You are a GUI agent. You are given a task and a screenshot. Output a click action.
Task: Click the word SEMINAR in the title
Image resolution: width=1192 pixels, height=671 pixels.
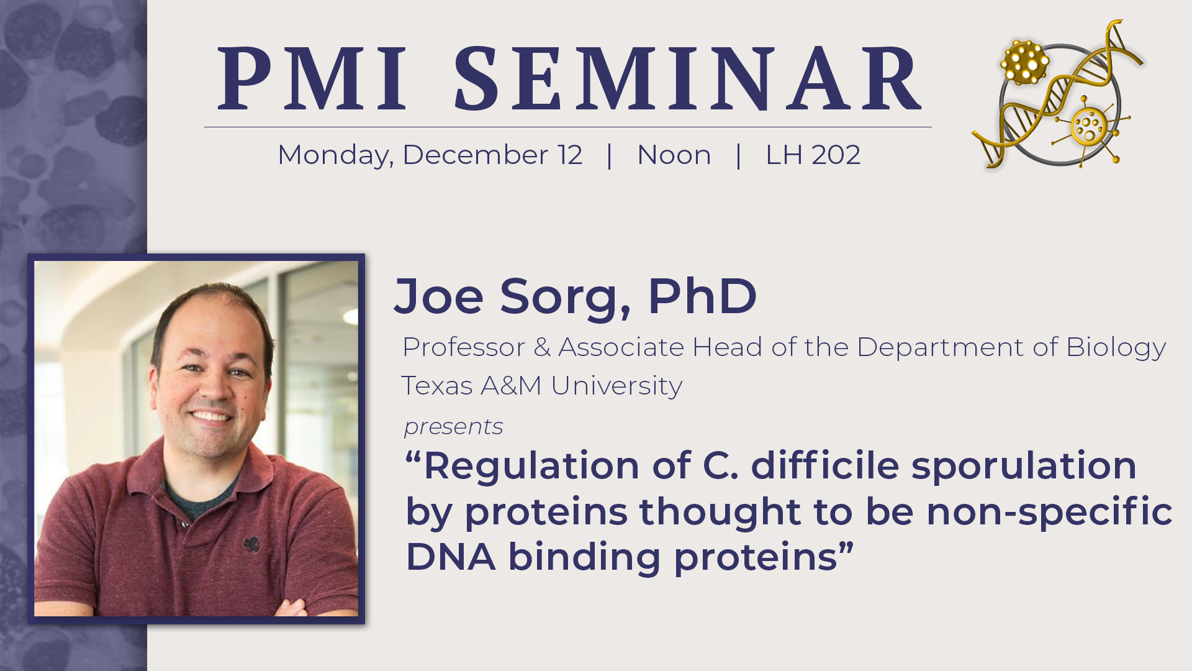(688, 79)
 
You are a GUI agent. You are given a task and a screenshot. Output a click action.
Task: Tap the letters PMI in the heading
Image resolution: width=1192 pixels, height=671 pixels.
(312, 79)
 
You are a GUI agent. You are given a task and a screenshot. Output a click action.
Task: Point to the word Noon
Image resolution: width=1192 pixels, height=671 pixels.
(674, 155)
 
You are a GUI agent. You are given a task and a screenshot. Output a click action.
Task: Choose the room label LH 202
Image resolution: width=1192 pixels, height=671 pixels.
(813, 155)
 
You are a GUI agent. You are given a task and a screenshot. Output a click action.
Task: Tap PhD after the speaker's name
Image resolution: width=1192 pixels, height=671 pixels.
(702, 295)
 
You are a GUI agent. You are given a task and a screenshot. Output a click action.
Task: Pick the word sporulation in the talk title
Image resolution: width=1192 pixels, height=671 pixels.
(1024, 466)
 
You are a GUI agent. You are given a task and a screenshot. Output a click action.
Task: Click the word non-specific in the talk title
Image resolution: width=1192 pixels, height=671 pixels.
(1049, 513)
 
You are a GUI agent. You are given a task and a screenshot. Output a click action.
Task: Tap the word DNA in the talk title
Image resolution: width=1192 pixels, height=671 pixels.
(451, 557)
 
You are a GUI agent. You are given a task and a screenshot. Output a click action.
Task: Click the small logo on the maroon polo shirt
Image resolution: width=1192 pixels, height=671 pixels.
(251, 544)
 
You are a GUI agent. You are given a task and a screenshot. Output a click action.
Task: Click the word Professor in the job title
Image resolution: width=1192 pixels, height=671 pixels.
(464, 347)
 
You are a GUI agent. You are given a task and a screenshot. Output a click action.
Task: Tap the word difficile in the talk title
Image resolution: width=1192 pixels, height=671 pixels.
(825, 465)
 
